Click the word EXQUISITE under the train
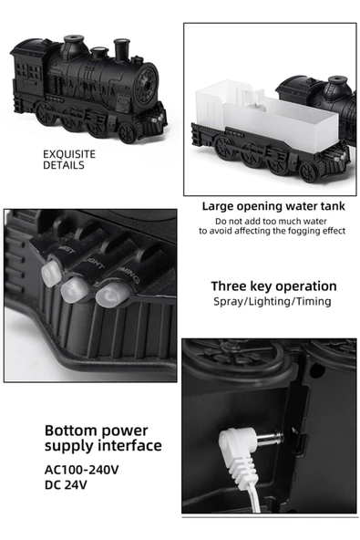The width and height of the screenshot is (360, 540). [x=69, y=154]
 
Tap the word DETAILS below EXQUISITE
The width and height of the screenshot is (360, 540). [x=64, y=165]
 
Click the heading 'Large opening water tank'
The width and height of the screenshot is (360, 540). [x=273, y=206]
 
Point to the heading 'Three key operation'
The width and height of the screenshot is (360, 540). [x=273, y=286]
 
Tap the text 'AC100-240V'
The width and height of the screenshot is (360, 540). [x=81, y=470]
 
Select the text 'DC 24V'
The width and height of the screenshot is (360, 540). [x=66, y=485]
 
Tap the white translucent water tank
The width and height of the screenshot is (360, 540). [x=267, y=117]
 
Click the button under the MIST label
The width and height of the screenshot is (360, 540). [x=51, y=273]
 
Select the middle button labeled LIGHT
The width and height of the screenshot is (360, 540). [x=74, y=289]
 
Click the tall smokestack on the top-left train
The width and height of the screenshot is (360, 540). [x=121, y=50]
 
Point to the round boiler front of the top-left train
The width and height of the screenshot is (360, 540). [x=146, y=84]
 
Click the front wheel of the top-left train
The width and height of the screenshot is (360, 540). [x=127, y=133]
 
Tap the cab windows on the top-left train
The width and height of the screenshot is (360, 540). [x=29, y=72]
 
